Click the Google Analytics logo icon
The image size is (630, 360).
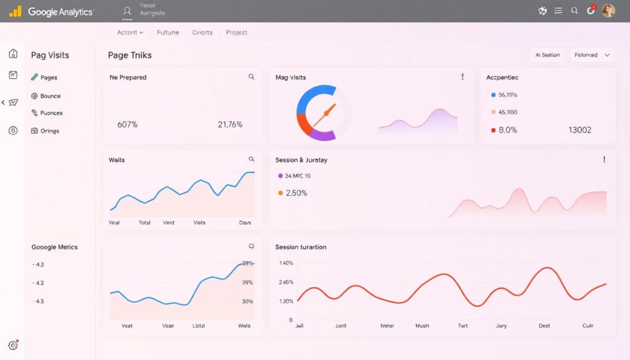click(x=15, y=11)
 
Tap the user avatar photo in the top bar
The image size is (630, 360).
click(x=608, y=10)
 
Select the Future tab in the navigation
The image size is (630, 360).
click(x=167, y=33)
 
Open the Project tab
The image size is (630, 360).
click(x=236, y=33)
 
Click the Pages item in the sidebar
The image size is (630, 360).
click(x=48, y=78)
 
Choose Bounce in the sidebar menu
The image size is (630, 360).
click(x=50, y=96)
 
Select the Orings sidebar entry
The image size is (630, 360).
click(x=49, y=131)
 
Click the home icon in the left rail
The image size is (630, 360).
click(x=13, y=54)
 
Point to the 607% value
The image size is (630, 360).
click(x=127, y=124)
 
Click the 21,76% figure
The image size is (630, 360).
click(x=230, y=124)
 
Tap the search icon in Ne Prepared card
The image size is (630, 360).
click(x=251, y=77)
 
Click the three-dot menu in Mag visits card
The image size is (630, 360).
click(x=462, y=77)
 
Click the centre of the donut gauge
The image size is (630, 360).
click(x=324, y=113)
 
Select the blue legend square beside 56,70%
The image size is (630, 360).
click(x=493, y=95)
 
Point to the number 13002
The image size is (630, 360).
click(x=580, y=130)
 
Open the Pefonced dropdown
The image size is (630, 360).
click(x=592, y=55)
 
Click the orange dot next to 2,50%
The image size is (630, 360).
click(x=281, y=193)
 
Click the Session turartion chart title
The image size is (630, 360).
click(x=301, y=247)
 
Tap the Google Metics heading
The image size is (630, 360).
click(x=55, y=247)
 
